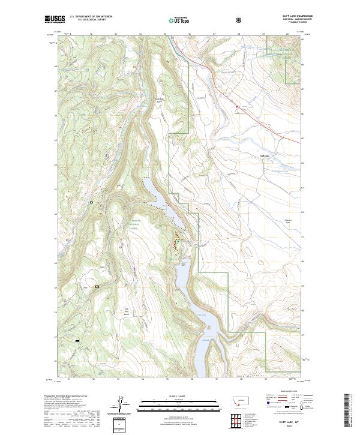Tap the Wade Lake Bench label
click(159, 101)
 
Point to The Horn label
click(292, 308)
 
